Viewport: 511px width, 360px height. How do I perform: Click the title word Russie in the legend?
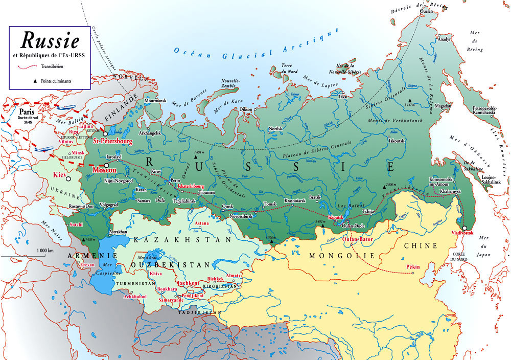click(50, 40)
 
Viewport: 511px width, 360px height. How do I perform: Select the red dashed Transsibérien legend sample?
click(28, 66)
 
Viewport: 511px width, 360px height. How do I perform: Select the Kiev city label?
click(60, 175)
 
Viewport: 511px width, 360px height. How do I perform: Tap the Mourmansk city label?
click(156, 101)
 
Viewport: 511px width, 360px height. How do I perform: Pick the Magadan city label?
click(443, 106)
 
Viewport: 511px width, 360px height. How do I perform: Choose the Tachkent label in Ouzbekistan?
click(188, 282)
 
